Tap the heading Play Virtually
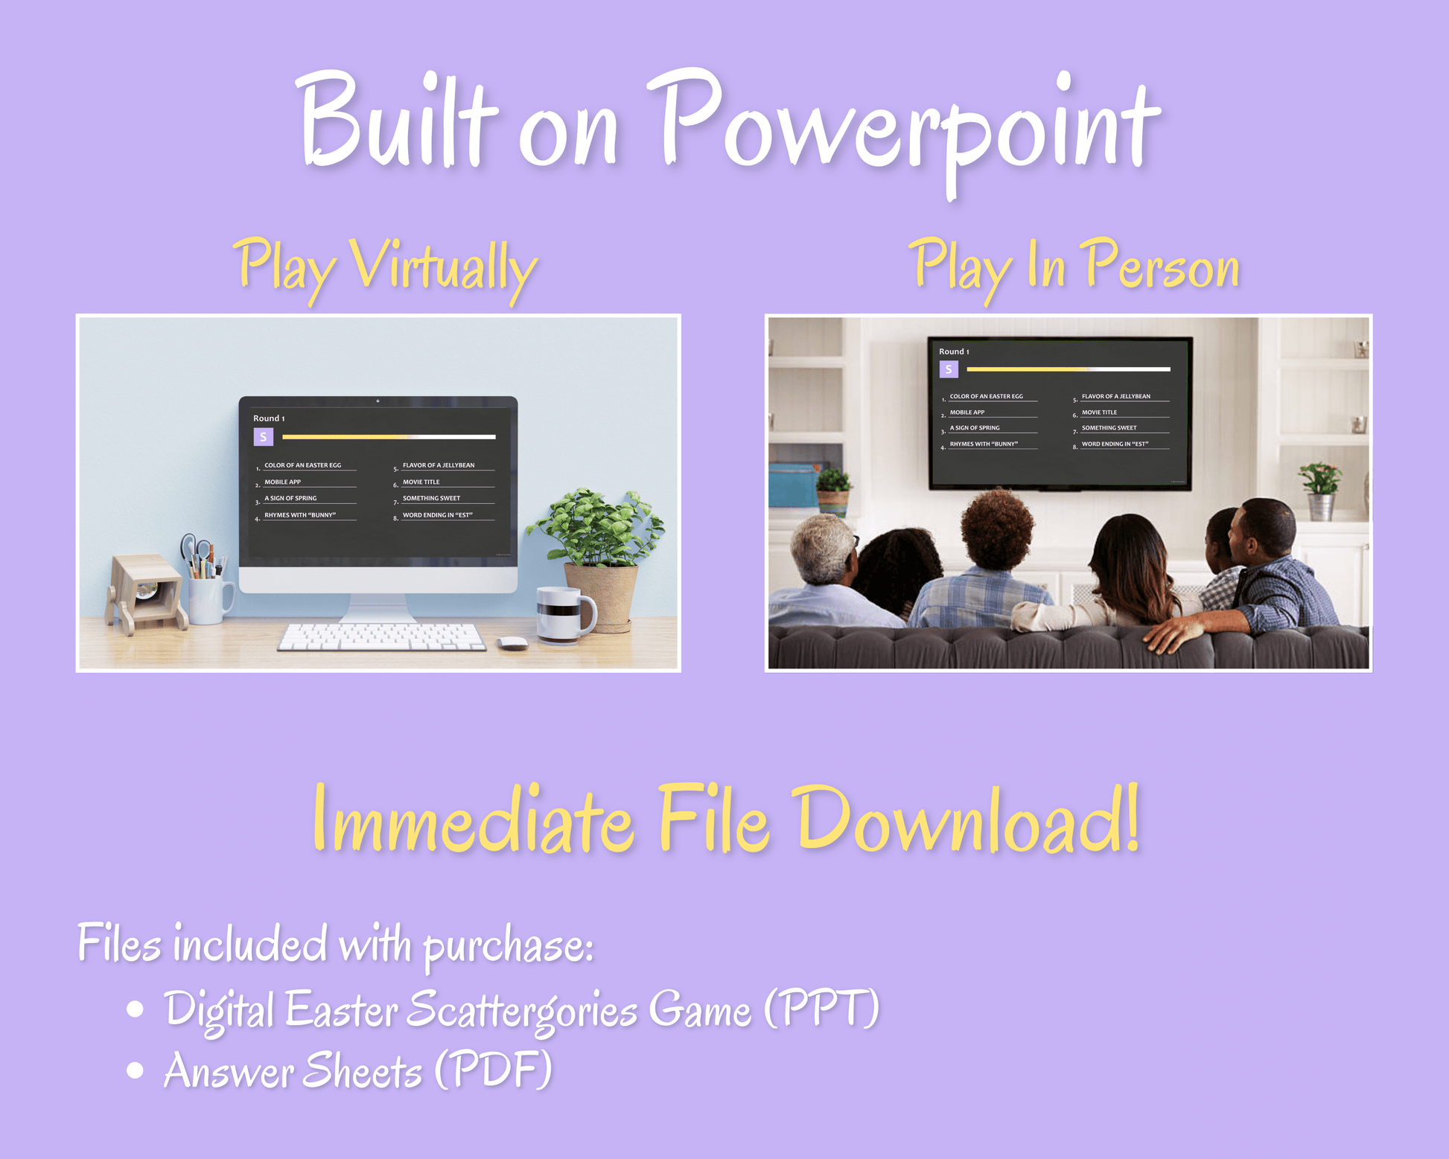[x=385, y=268]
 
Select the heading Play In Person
[x=1074, y=266]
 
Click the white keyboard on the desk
[x=382, y=637]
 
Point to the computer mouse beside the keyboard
[x=512, y=642]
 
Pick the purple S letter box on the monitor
[x=263, y=437]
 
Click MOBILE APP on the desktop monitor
[x=283, y=482]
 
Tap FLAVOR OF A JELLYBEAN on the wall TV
[x=1115, y=396]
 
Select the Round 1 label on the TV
[x=954, y=351]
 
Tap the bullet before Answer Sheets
[x=135, y=1070]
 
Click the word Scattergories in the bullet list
[x=521, y=1011]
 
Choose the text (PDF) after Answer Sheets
[x=493, y=1070]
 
